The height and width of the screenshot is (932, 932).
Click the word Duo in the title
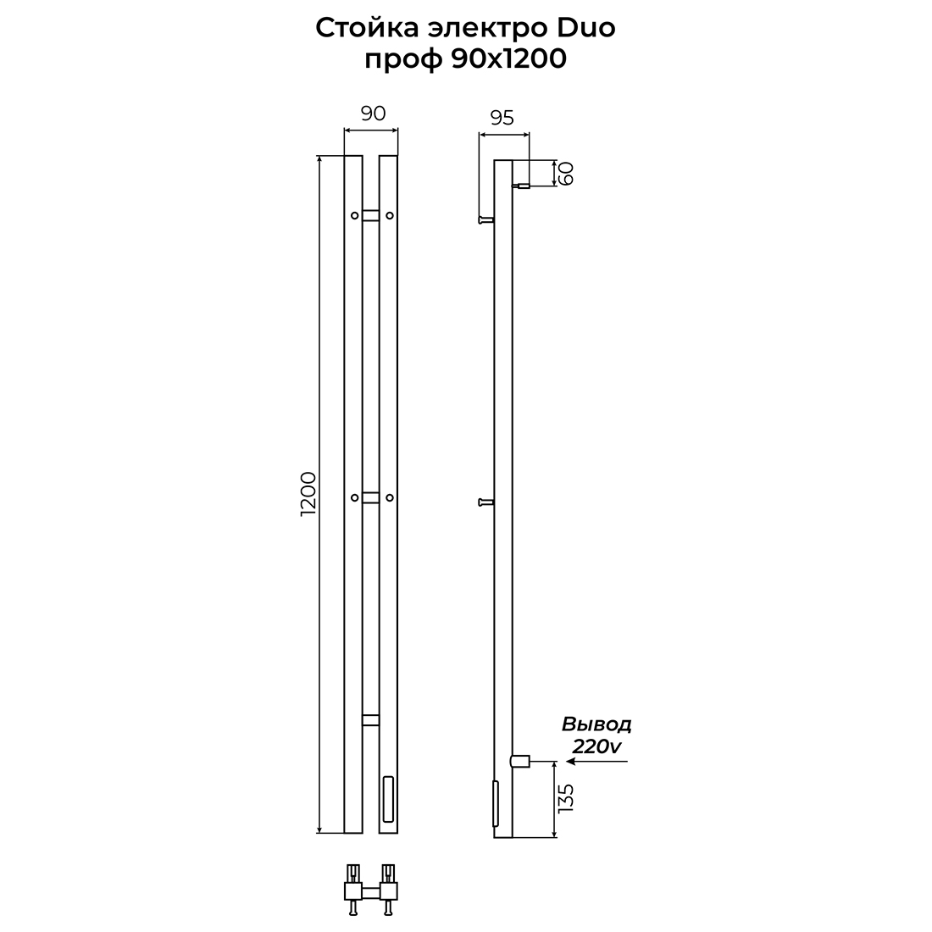click(586, 27)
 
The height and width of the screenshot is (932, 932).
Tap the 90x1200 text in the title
click(509, 58)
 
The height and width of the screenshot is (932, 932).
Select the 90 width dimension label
click(373, 113)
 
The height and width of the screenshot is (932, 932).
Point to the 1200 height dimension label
click(308, 494)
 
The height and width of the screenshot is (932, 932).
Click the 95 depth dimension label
click(502, 118)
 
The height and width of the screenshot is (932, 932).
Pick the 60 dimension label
click(566, 173)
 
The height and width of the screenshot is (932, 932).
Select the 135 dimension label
click(566, 798)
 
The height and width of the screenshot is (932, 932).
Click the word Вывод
click(596, 724)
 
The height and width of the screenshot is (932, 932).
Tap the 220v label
click(596, 746)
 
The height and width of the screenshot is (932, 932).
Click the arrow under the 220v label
click(596, 761)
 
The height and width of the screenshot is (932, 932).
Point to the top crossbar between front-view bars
click(371, 215)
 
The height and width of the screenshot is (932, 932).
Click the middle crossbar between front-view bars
click(371, 497)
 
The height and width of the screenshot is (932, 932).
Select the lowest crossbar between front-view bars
click(371, 720)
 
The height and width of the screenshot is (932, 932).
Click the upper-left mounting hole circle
click(354, 215)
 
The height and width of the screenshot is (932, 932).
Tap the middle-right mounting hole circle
click(390, 497)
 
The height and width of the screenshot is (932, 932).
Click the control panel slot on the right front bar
click(388, 798)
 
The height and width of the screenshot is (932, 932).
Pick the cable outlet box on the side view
click(520, 761)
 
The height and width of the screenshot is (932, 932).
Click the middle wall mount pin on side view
click(486, 502)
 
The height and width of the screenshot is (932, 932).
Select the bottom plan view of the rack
click(371, 890)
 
